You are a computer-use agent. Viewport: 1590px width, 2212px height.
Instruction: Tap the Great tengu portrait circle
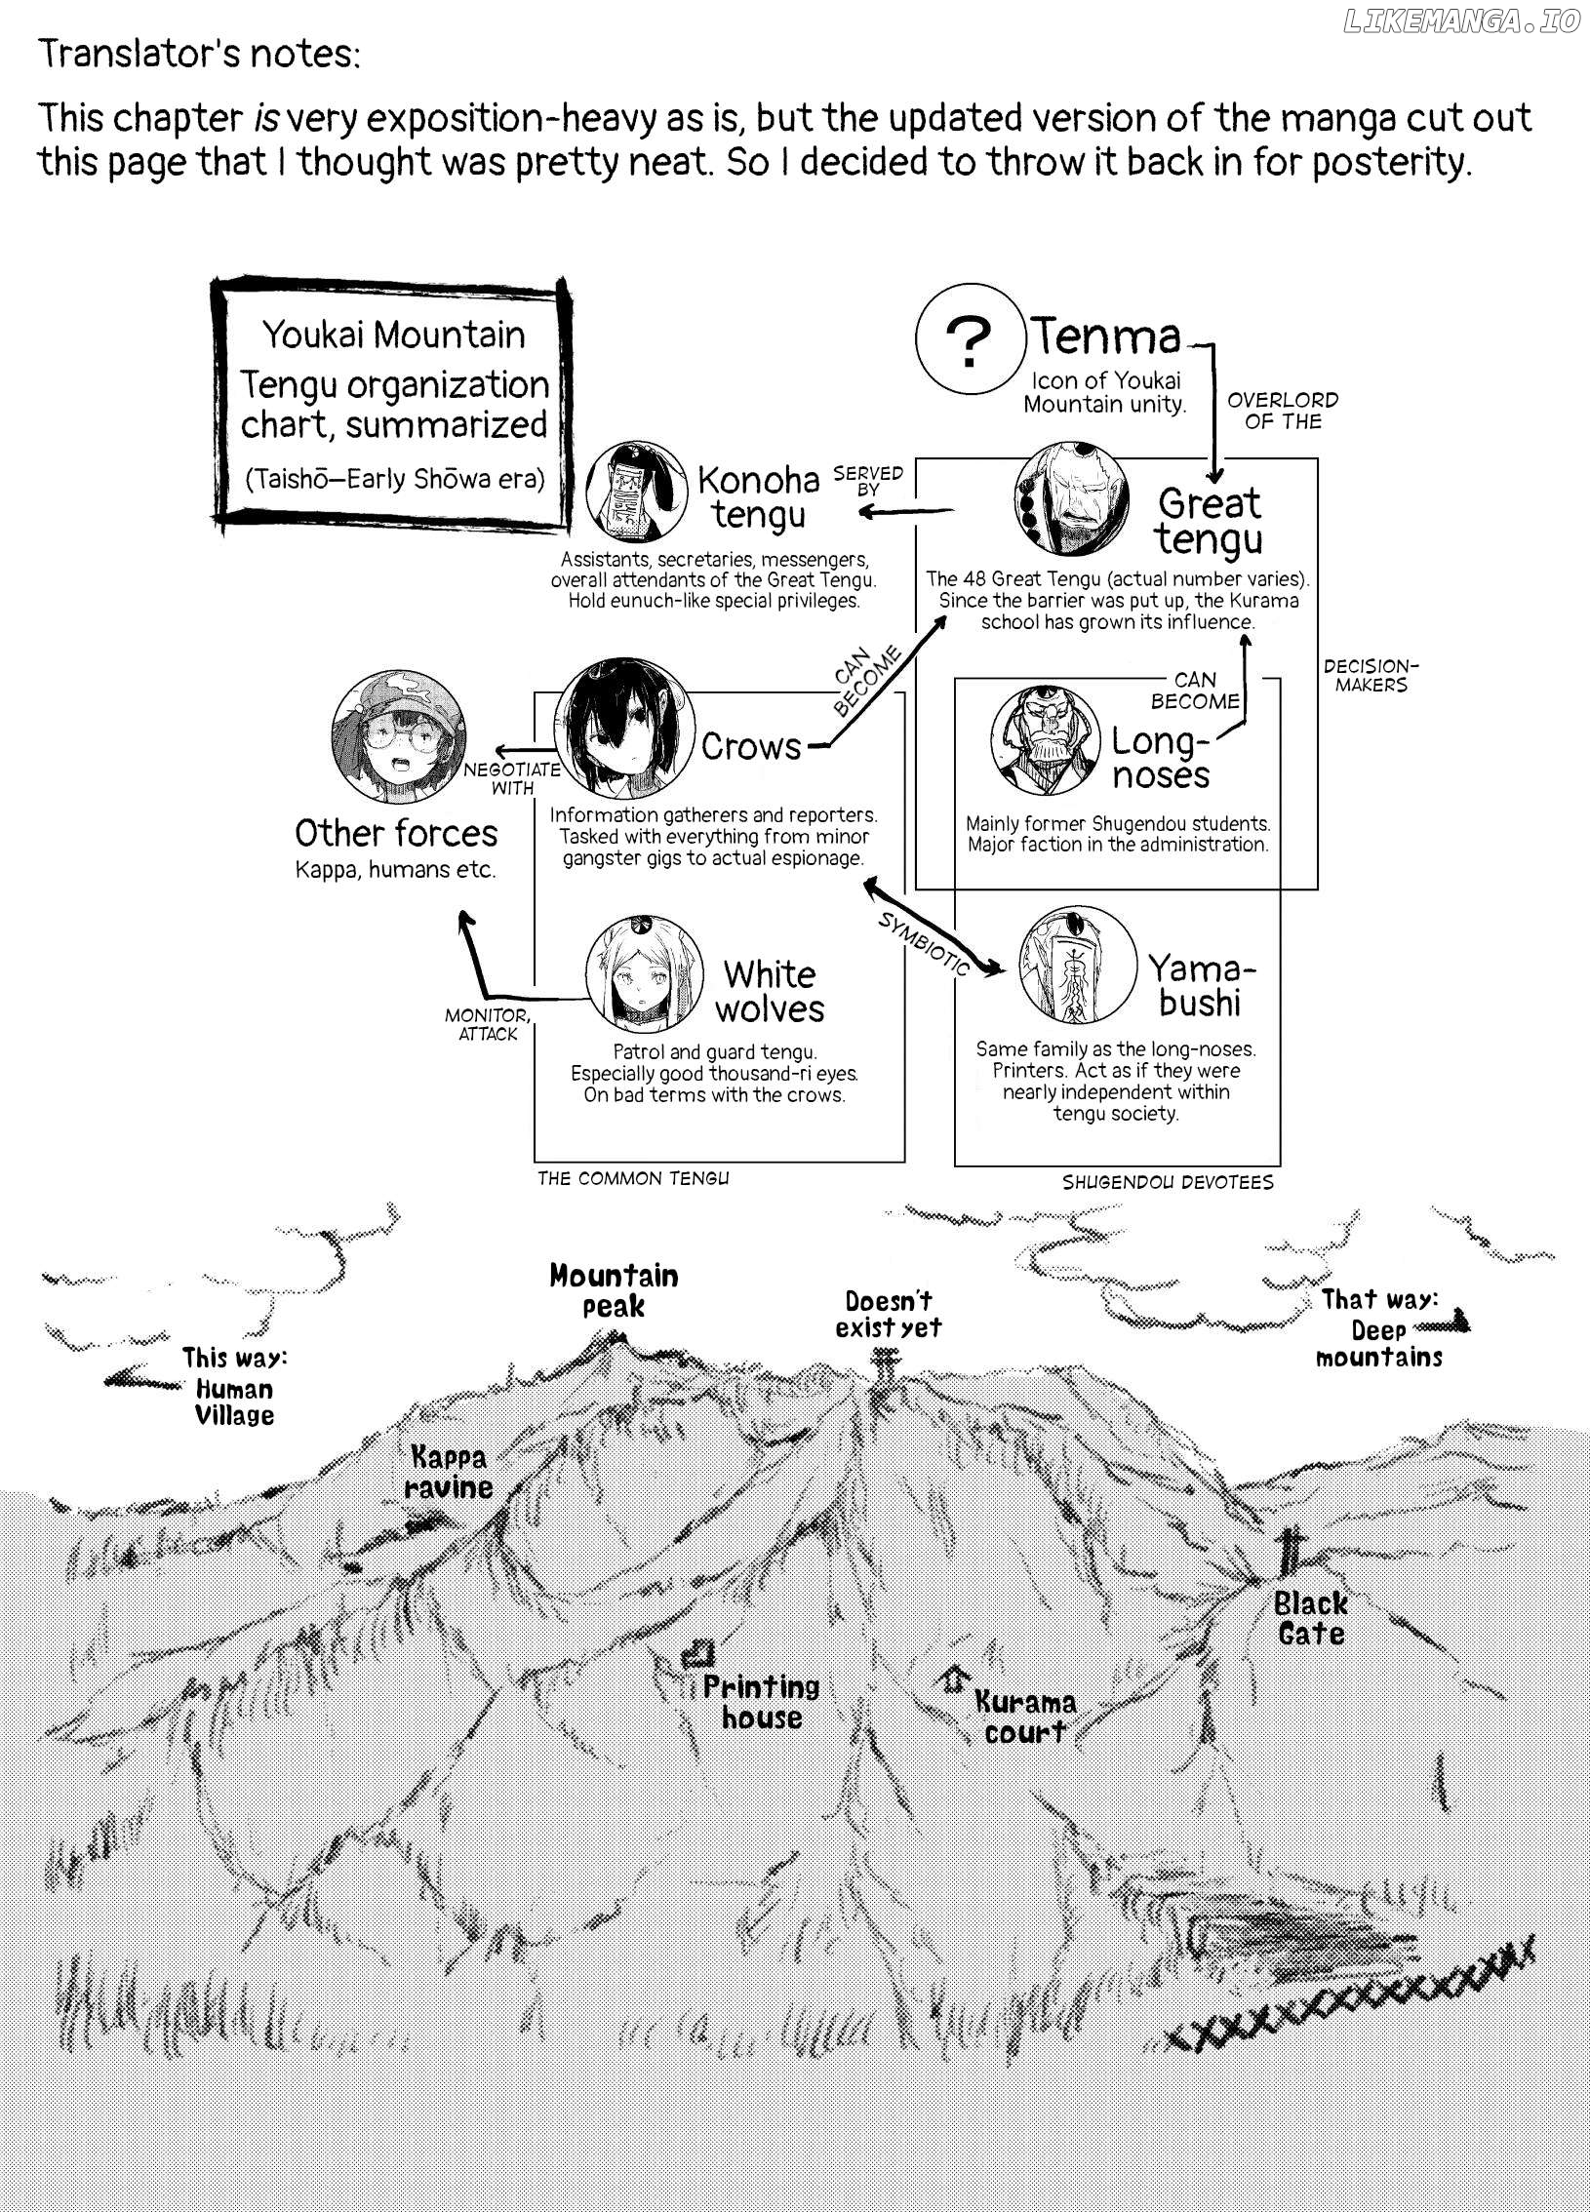coord(1077,498)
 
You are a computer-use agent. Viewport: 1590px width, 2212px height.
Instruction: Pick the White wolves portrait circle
coord(645,974)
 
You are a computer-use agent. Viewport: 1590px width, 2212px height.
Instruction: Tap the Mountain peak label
coord(614,1290)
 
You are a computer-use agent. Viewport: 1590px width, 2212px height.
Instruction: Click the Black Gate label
coord(1311,1618)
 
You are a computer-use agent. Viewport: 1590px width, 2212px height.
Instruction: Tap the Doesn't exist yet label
coord(889,1313)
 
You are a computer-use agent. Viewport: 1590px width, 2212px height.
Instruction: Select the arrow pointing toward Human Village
coord(139,1377)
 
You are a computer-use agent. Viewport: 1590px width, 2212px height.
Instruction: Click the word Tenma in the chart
coord(1107,336)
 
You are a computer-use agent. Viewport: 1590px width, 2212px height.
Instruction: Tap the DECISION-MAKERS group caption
coord(1371,676)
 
